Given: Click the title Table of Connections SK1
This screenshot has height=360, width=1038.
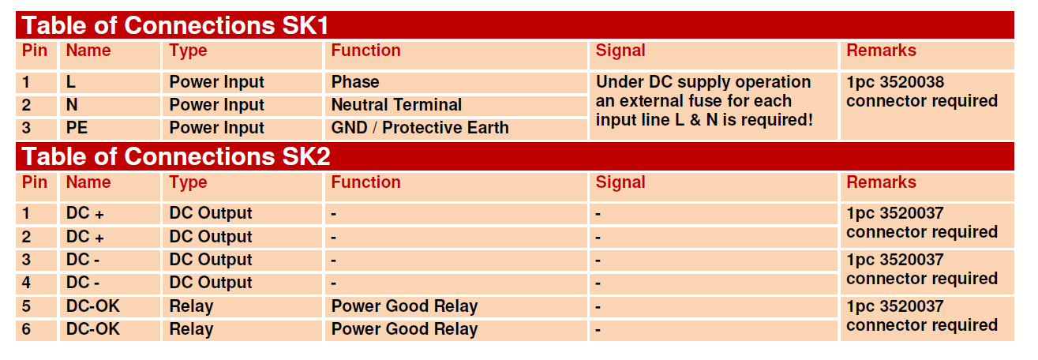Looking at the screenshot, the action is click(174, 25).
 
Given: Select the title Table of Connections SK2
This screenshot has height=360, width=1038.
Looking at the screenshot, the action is click(175, 156).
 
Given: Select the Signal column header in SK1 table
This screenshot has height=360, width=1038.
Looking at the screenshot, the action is click(620, 51).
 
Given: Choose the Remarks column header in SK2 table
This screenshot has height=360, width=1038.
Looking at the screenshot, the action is click(881, 182).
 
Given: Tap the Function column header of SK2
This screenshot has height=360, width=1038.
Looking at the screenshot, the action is click(365, 182).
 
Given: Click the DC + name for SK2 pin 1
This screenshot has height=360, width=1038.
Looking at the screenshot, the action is click(84, 213).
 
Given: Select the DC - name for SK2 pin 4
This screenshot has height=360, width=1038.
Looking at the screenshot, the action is click(82, 282).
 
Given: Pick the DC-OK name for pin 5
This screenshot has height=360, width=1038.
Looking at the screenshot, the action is click(92, 306).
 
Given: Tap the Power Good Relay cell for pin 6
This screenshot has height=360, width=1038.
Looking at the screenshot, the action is click(404, 329).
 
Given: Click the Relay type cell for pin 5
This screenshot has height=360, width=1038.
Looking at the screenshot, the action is click(191, 306).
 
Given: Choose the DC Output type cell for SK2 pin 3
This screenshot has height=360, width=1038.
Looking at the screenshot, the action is click(211, 260).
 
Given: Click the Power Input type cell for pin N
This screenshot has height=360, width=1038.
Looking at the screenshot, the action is click(216, 105).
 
